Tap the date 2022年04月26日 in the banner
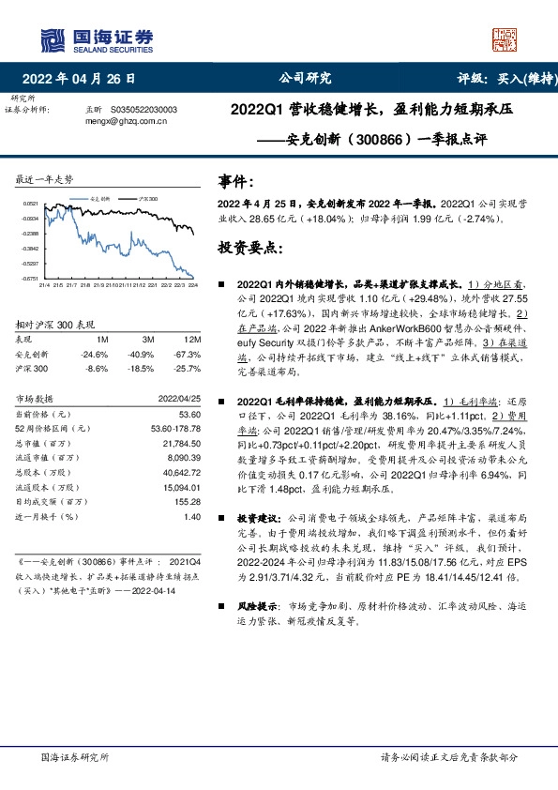coord(84,78)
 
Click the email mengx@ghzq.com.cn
coord(126,120)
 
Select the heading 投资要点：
coord(249,250)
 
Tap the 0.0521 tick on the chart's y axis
coord(31,203)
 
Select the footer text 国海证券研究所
coord(75,756)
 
